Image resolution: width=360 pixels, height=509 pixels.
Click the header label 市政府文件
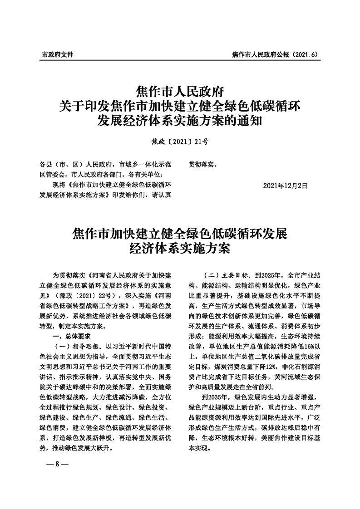click(x=57, y=54)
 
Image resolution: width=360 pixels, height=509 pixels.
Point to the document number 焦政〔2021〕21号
click(x=180, y=142)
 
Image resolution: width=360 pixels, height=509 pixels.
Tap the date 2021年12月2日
click(x=285, y=186)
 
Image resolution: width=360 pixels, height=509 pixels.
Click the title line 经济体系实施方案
click(x=180, y=249)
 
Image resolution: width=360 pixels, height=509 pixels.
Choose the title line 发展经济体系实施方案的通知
click(x=180, y=121)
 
